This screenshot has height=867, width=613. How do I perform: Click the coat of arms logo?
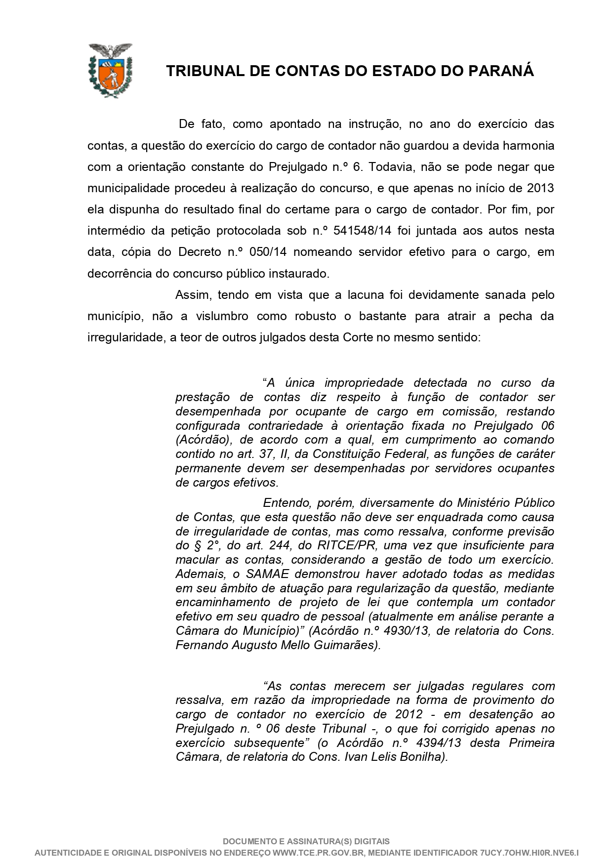110,70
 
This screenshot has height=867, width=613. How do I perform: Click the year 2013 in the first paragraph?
540,188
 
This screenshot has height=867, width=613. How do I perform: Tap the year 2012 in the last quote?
409,714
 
